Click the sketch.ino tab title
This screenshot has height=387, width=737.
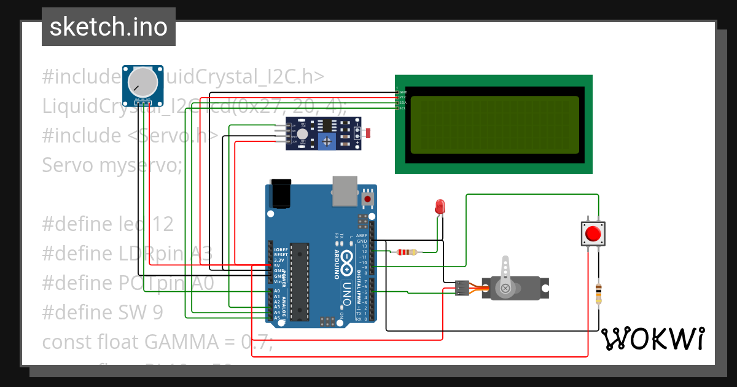108,27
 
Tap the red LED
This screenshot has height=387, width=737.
440,206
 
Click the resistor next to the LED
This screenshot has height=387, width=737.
407,252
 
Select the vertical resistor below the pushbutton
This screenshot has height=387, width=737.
599,293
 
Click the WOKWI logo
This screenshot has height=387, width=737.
652,338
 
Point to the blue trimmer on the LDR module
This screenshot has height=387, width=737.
327,142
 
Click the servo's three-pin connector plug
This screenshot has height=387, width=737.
462,288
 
